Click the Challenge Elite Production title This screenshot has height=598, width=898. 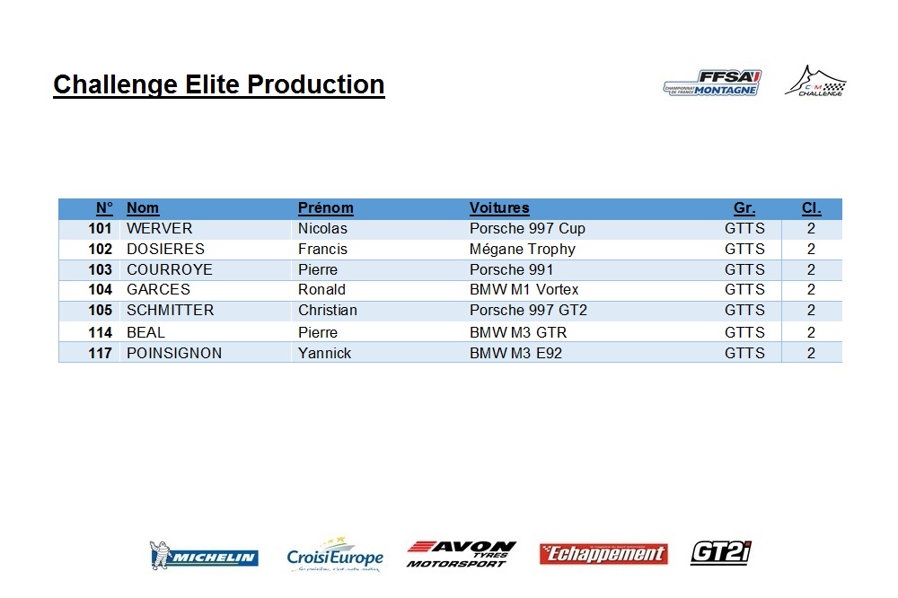tap(219, 84)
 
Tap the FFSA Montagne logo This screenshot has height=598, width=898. tap(712, 83)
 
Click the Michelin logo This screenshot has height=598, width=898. tap(204, 555)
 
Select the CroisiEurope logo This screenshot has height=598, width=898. tap(335, 555)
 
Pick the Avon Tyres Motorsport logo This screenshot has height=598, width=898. tap(461, 554)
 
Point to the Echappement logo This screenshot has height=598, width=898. tap(603, 554)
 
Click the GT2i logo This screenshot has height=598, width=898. tap(720, 553)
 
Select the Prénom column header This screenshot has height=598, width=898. tap(325, 208)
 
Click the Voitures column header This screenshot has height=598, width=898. tap(499, 208)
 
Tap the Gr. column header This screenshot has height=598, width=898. tap(744, 208)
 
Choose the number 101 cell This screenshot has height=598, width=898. tap(101, 229)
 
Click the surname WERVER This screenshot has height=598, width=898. tap(159, 229)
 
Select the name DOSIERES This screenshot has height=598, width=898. tap(165, 250)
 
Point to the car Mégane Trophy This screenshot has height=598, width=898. tap(523, 250)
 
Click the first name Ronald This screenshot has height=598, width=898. tap(321, 290)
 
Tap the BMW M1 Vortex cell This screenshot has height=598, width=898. tap(524, 290)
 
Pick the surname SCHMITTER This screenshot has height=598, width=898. tap(170, 311)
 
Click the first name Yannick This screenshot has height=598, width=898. tap(324, 354)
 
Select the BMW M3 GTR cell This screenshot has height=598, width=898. tap(518, 333)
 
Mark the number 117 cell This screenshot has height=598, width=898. tap(101, 354)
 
